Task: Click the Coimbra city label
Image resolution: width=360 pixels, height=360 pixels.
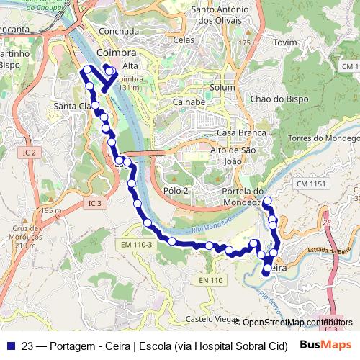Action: click(115, 54)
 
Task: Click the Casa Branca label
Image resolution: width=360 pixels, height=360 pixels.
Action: click(238, 133)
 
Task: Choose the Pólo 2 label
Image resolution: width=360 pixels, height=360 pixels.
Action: click(176, 190)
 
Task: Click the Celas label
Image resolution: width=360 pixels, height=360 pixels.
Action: click(184, 40)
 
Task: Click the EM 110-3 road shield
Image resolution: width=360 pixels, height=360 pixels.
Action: click(136, 246)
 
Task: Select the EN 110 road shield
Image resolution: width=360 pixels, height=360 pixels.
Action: click(208, 279)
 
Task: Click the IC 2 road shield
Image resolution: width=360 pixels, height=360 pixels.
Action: click(29, 153)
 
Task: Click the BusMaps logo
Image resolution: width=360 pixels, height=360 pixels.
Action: click(325, 345)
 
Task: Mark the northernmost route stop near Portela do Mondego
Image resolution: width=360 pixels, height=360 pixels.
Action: click(268, 201)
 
